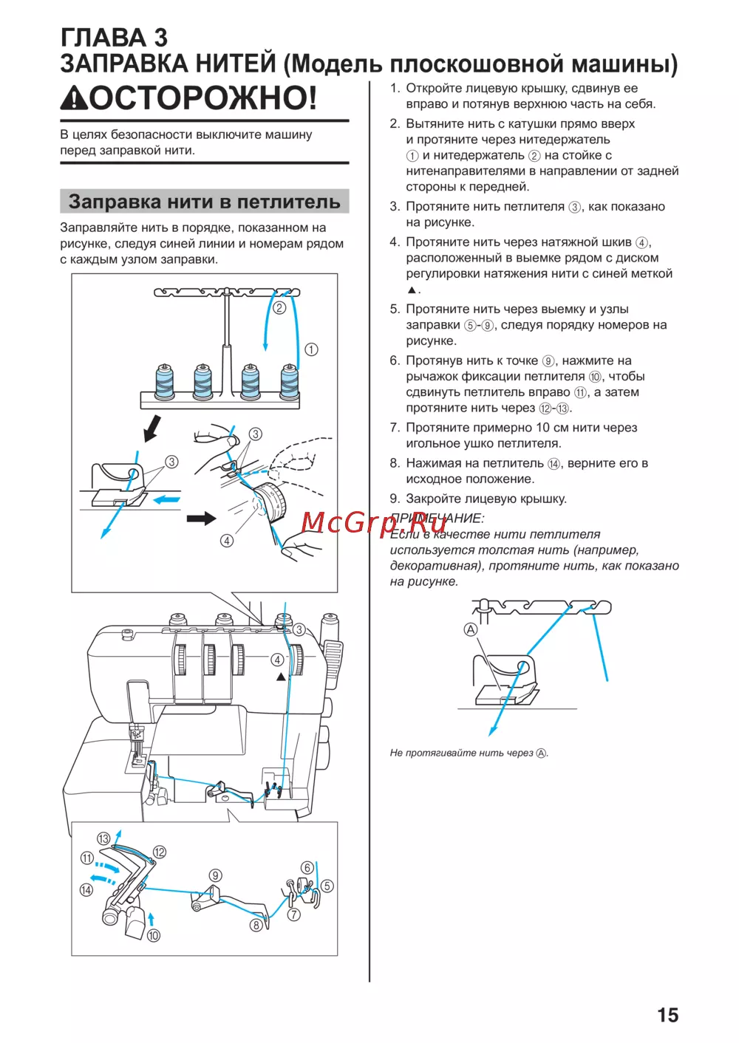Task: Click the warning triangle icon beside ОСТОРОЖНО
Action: pyautogui.click(x=74, y=98)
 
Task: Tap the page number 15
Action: pyautogui.click(x=667, y=1015)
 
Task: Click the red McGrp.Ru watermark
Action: pyautogui.click(x=373, y=522)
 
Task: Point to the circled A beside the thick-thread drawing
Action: pyautogui.click(x=470, y=629)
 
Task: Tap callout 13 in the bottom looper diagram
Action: pyautogui.click(x=103, y=838)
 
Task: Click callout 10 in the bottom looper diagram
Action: pyautogui.click(x=153, y=935)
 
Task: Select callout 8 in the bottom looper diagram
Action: pyautogui.click(x=256, y=924)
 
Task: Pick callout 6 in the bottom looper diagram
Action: pyautogui.click(x=307, y=867)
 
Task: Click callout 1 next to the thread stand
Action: pyautogui.click(x=311, y=349)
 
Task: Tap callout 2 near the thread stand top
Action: pyautogui.click(x=279, y=307)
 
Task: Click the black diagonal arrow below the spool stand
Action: pyautogui.click(x=152, y=427)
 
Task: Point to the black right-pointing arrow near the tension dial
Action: pyautogui.click(x=200, y=519)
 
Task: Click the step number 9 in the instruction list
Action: pyautogui.click(x=395, y=499)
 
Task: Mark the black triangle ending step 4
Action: pyautogui.click(x=412, y=290)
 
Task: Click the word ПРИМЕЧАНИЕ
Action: pyautogui.click(x=437, y=518)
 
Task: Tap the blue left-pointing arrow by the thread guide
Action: pyautogui.click(x=166, y=500)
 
